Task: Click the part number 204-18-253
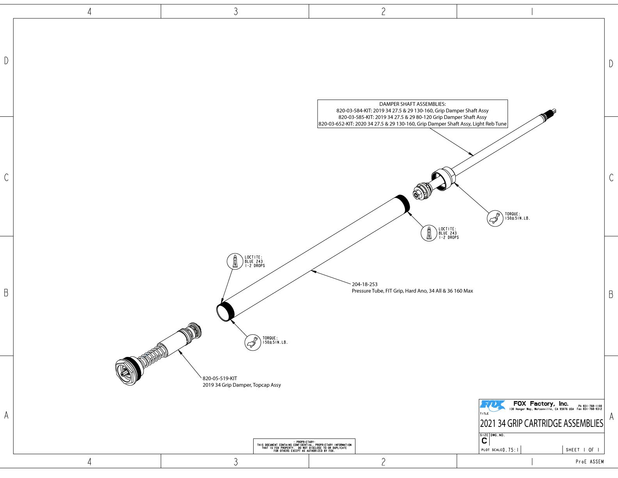click(364, 284)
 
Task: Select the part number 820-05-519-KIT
click(220, 378)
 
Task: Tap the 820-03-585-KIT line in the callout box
click(412, 117)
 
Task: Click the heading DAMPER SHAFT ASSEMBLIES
click(412, 104)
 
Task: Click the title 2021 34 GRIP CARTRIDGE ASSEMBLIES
click(541, 424)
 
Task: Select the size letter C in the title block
click(484, 441)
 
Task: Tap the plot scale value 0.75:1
click(511, 450)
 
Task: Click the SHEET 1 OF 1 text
click(582, 450)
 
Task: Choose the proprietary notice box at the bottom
click(304, 446)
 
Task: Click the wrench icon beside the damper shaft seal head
click(495, 218)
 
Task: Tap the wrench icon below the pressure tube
click(252, 342)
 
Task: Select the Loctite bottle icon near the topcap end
click(235, 261)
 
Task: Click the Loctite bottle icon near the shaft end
click(429, 233)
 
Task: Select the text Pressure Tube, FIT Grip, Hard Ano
click(412, 291)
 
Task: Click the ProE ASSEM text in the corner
click(590, 462)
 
